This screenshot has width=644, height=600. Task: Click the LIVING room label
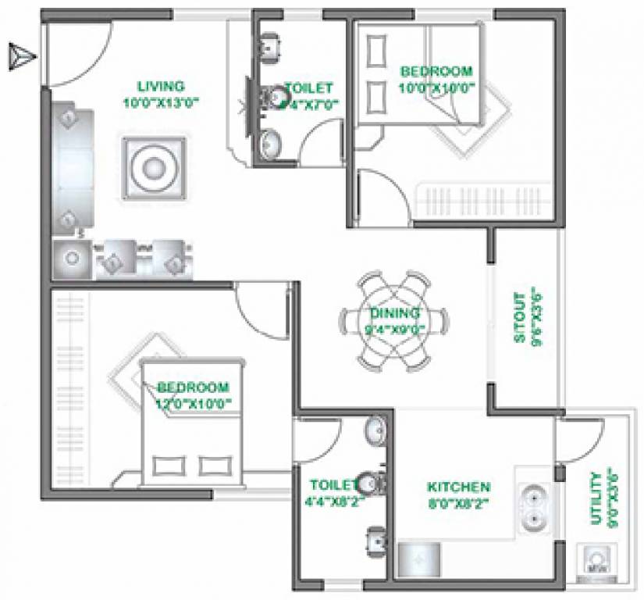tap(161, 86)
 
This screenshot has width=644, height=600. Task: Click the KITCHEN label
tap(458, 487)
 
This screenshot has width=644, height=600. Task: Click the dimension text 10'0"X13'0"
tap(161, 102)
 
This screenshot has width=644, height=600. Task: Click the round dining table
tap(394, 320)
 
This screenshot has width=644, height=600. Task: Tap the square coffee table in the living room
tap(153, 168)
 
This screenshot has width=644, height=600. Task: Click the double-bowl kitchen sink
tap(535, 506)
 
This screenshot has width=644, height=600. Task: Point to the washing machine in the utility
tap(595, 561)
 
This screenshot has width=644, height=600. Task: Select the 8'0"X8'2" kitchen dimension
tap(458, 504)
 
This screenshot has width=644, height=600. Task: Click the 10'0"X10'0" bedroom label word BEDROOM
tap(436, 70)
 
